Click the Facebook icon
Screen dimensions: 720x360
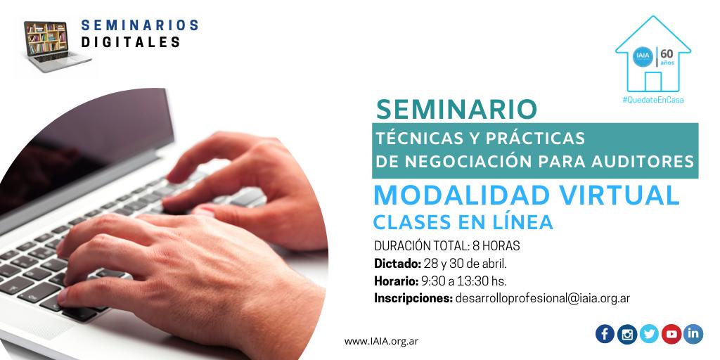click(605, 334)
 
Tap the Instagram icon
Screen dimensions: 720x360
click(626, 334)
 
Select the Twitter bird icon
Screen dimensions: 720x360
click(649, 334)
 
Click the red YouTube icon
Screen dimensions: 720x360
click(671, 334)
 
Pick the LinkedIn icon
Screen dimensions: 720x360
click(693, 334)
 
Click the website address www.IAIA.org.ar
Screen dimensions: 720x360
click(381, 341)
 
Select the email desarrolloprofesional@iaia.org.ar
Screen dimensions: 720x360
click(542, 298)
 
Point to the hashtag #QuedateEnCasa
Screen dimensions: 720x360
click(653, 100)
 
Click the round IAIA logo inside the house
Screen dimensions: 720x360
click(642, 57)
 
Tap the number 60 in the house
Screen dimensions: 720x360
click(667, 53)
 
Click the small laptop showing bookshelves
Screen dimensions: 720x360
click(57, 46)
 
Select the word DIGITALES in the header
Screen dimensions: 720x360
click(131, 42)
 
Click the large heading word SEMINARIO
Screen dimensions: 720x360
click(456, 109)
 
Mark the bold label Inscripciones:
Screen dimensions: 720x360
click(413, 298)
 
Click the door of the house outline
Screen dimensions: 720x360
click(653, 82)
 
